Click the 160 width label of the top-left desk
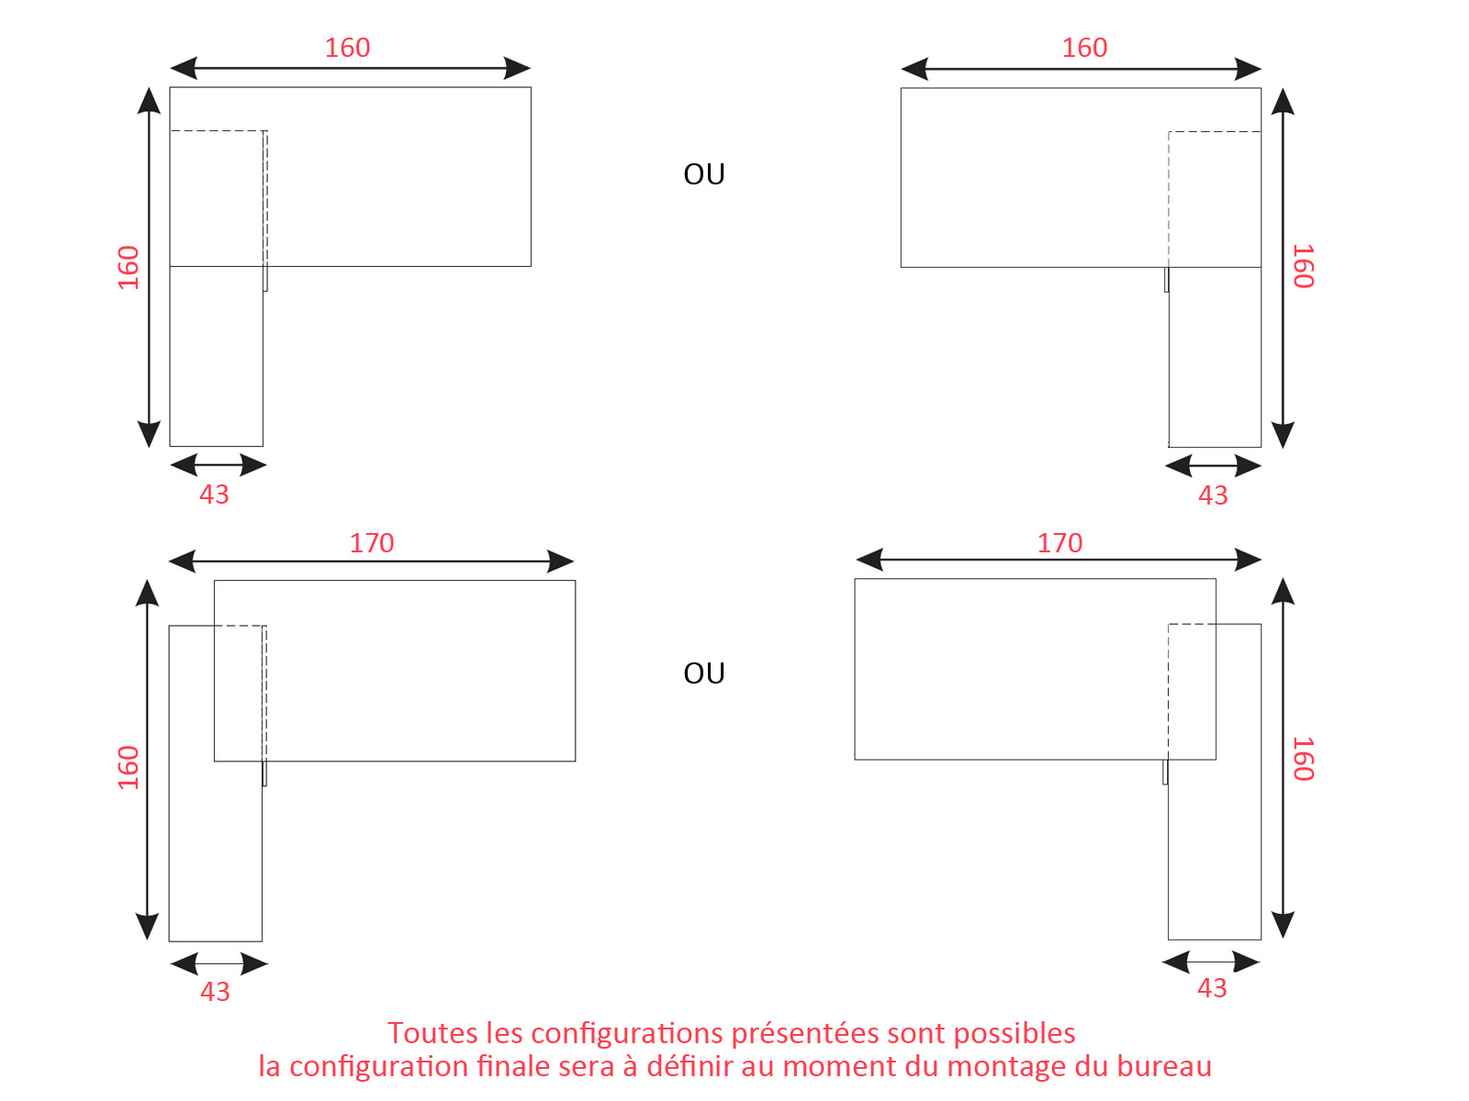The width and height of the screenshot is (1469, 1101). tap(347, 48)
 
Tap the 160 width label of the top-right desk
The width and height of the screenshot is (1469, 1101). tap(1084, 48)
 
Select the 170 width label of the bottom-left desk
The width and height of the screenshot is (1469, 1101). tap(372, 543)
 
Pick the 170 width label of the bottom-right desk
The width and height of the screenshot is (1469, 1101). tap(1060, 543)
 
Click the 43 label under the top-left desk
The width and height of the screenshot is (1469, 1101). tap(214, 495)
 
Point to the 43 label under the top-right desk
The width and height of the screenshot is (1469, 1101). tap(1213, 495)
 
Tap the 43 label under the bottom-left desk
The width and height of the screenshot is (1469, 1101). tap(215, 992)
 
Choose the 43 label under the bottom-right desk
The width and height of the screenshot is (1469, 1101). tap(1212, 988)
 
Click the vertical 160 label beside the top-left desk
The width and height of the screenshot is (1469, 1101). tap(129, 267)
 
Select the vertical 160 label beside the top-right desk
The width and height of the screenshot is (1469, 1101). tap(1303, 266)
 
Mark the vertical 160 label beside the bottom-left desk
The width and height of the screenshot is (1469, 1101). tap(129, 767)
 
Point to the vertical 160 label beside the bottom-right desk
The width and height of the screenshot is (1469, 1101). tap(1303, 759)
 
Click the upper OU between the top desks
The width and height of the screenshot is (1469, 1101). tap(704, 174)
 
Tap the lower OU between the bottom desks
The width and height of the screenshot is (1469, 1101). tap(704, 673)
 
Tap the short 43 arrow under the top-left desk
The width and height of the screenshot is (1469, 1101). tap(219, 464)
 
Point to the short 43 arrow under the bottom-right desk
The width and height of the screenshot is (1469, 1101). tap(1211, 962)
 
